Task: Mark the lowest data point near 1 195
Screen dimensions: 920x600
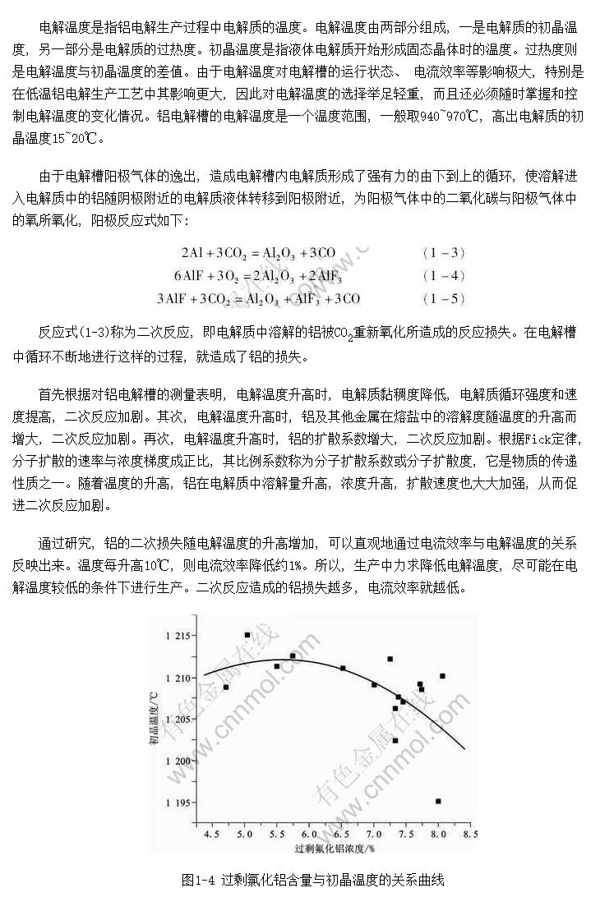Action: pyautogui.click(x=438, y=801)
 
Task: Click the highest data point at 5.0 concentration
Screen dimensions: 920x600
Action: pyautogui.click(x=247, y=634)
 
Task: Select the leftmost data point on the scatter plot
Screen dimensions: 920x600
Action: pyautogui.click(x=226, y=687)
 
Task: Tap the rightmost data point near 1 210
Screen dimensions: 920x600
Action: pyautogui.click(x=442, y=676)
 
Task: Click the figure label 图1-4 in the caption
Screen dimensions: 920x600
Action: pyautogui.click(x=198, y=881)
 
